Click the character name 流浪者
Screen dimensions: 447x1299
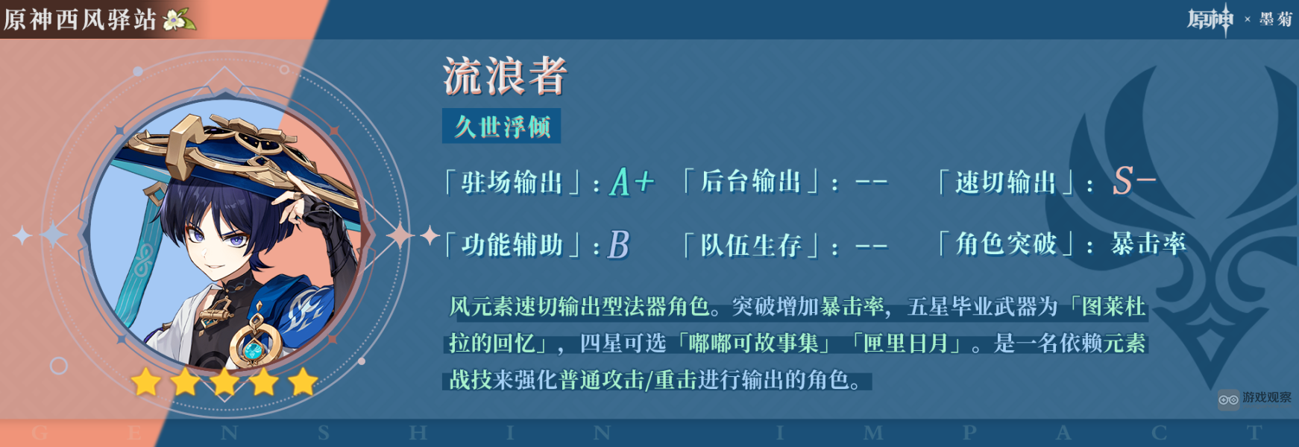(x=505, y=76)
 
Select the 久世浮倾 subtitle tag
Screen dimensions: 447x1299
(x=502, y=127)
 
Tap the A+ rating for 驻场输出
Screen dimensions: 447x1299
(x=631, y=182)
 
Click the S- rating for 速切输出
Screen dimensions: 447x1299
(x=1133, y=181)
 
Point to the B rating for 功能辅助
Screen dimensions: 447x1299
(x=619, y=244)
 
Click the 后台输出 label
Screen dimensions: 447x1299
(x=750, y=182)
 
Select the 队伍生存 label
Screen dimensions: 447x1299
(x=750, y=245)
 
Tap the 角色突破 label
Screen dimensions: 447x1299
(x=1006, y=244)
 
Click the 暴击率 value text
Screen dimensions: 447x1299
(x=1148, y=244)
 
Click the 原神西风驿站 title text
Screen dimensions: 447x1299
(x=80, y=19)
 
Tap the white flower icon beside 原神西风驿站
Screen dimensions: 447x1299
(x=178, y=19)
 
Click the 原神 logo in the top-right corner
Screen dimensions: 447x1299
(x=1210, y=19)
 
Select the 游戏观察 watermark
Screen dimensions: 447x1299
(x=1256, y=399)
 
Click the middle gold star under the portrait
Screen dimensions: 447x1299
(x=224, y=382)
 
